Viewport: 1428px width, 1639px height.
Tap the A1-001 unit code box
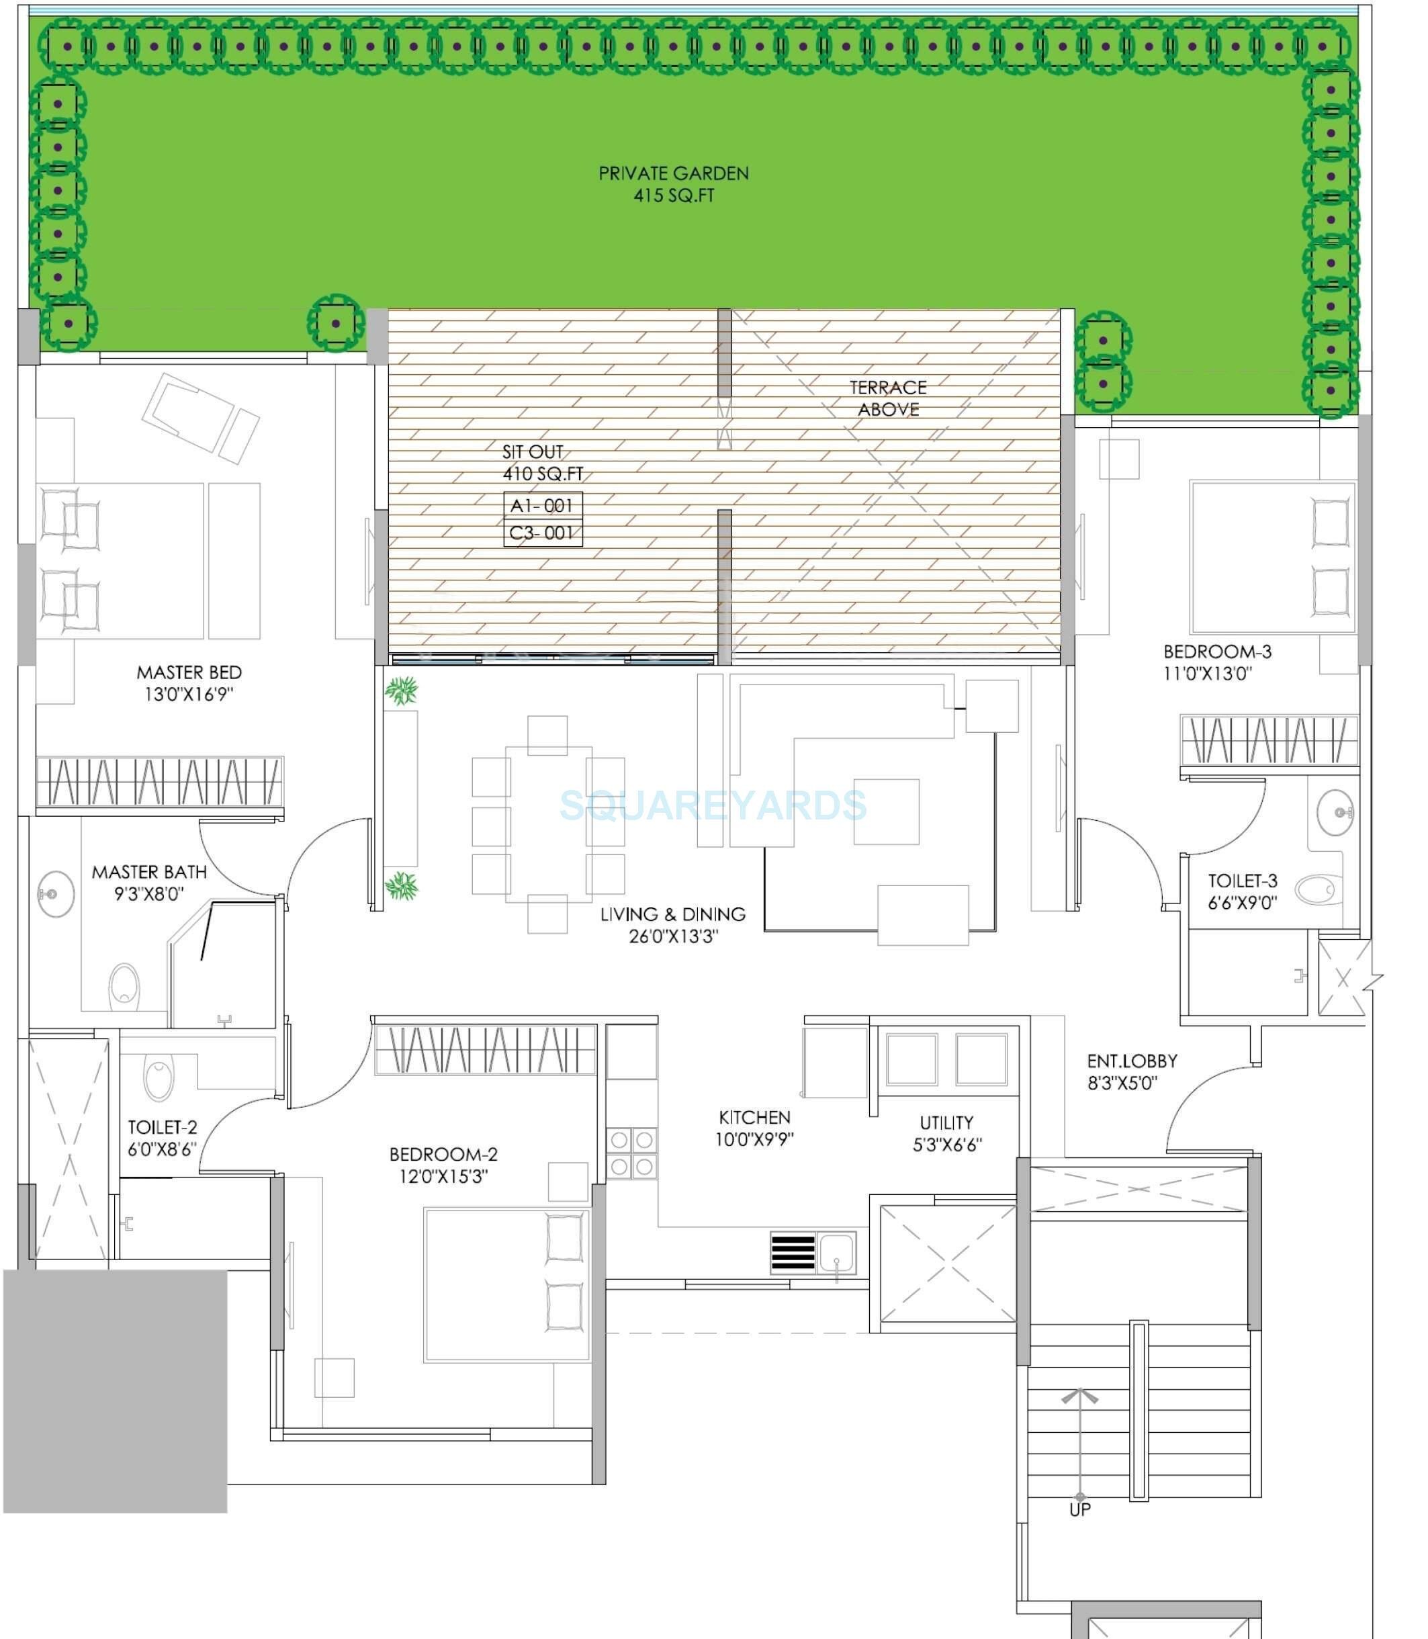click(543, 506)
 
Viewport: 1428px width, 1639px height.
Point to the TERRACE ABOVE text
click(888, 398)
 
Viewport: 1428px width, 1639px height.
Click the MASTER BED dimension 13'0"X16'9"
click(188, 694)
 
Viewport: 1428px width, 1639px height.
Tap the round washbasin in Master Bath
click(55, 894)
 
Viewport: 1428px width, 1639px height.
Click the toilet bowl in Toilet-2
click(159, 1078)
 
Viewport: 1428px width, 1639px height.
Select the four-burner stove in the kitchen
click(632, 1153)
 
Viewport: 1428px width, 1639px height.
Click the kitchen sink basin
click(836, 1252)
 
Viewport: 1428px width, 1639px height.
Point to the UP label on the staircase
click(1080, 1510)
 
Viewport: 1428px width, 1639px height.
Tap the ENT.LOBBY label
click(1132, 1061)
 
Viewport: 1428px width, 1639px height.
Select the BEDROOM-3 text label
click(1217, 652)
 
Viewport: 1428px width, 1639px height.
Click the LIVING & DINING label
click(672, 915)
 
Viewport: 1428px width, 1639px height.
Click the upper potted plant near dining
click(401, 690)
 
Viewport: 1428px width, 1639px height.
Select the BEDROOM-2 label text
click(443, 1154)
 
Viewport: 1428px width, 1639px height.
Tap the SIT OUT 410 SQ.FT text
click(541, 463)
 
